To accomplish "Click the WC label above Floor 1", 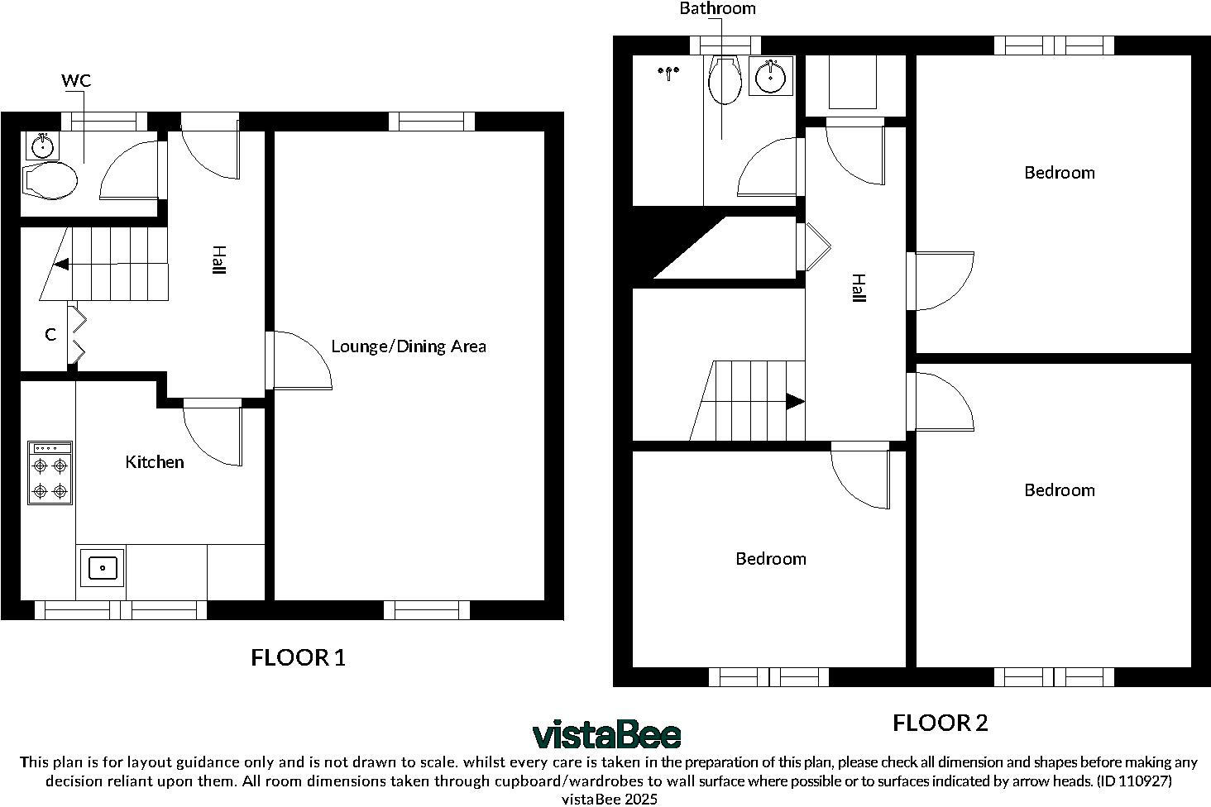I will [x=76, y=80].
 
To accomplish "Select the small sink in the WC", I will [x=41, y=147].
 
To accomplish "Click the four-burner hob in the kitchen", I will [x=50, y=473].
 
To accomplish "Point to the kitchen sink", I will [x=102, y=568].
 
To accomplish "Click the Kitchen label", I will [x=154, y=462].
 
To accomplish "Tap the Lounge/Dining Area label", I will [x=408, y=346].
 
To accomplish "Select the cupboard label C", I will [x=50, y=335].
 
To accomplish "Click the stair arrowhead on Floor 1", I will [x=61, y=265].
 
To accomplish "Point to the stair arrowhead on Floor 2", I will [x=794, y=402].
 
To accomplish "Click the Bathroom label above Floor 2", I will [x=717, y=9].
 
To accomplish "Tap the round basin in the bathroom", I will [x=771, y=77].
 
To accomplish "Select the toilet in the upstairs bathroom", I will [x=725, y=81].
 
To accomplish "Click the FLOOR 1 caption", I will [x=298, y=658].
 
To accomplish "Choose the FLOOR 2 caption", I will [x=940, y=723].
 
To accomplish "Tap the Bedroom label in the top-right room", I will [x=1059, y=173].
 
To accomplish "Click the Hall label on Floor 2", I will [x=858, y=289].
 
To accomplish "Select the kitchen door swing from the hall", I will [x=213, y=434].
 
